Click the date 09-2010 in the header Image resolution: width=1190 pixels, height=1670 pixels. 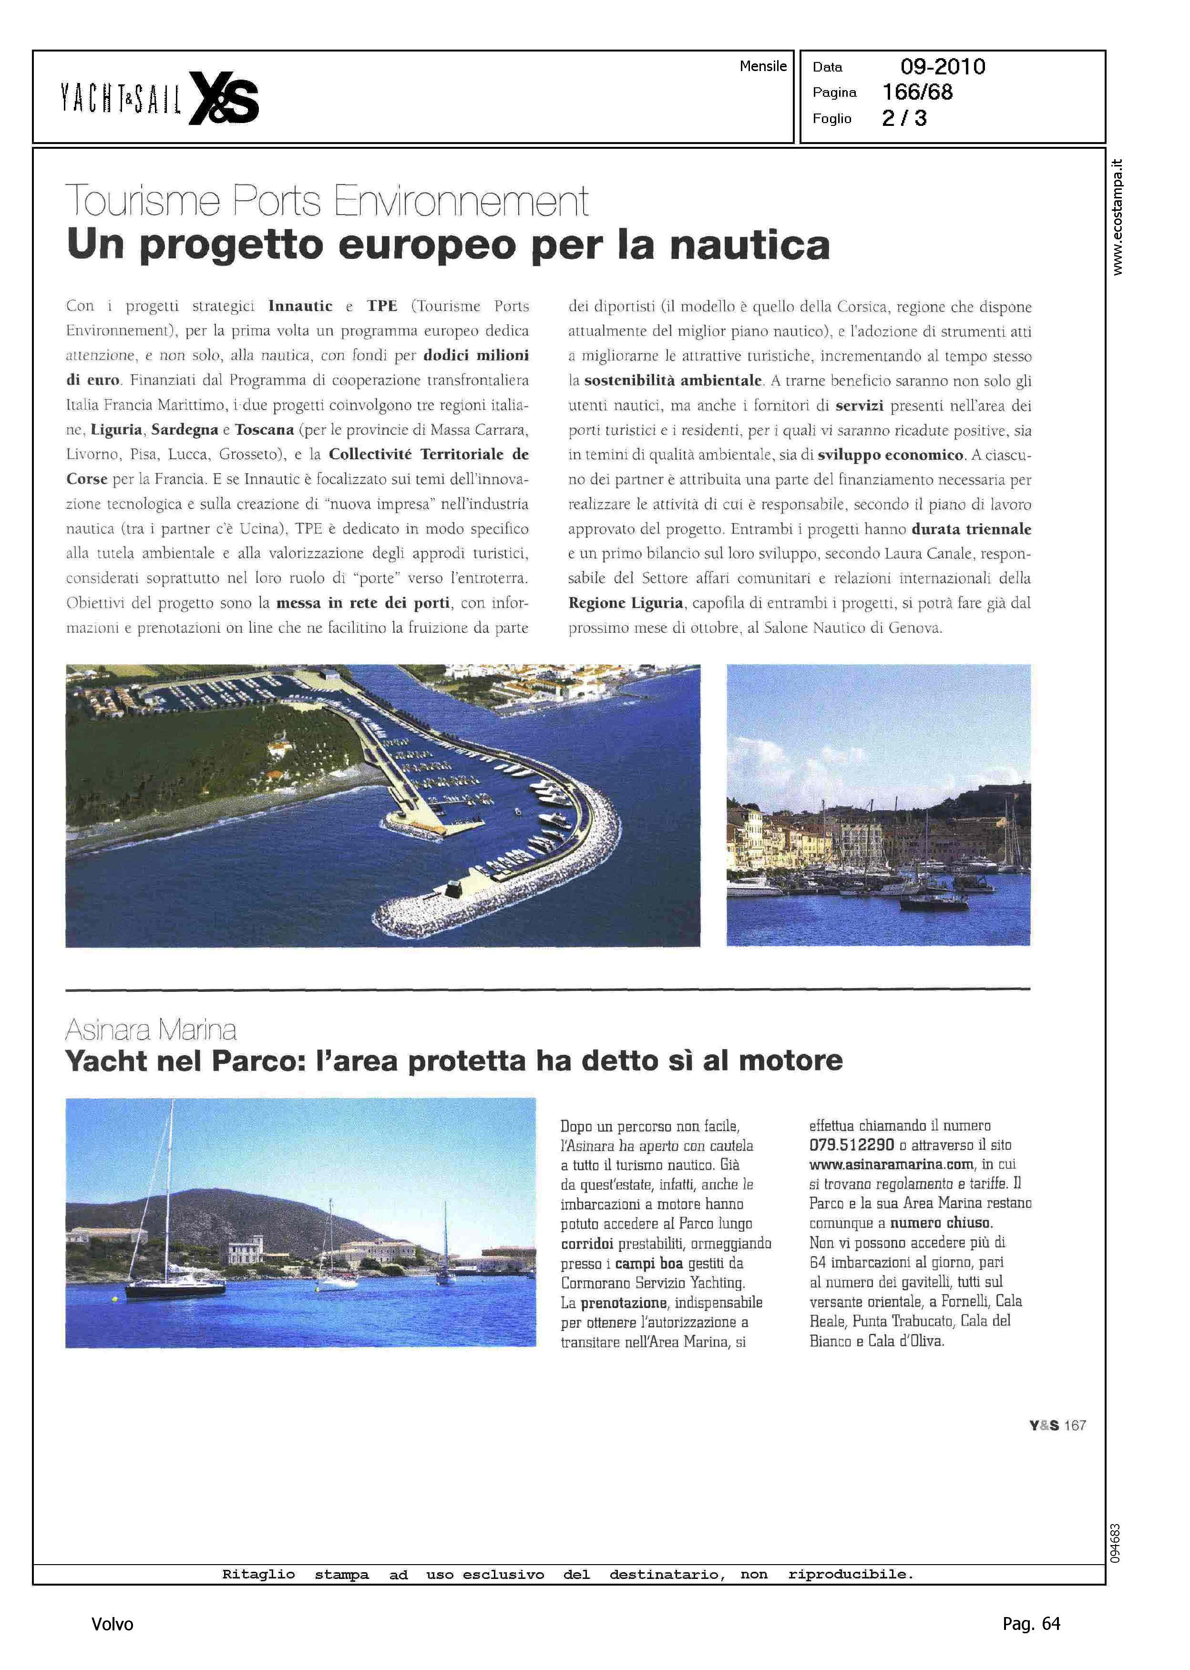click(x=943, y=67)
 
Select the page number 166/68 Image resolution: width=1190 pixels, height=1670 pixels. click(x=917, y=93)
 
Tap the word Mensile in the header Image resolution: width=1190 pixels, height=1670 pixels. click(x=763, y=66)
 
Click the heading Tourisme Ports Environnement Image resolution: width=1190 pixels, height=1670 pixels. click(x=327, y=200)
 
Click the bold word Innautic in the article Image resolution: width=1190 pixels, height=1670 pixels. click(x=300, y=306)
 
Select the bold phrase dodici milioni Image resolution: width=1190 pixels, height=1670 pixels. click(x=476, y=355)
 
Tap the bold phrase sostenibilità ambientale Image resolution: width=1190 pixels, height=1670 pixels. click(x=673, y=381)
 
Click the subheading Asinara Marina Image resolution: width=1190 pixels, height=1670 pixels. click(x=151, y=1031)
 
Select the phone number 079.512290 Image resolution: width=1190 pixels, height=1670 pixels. click(x=851, y=1144)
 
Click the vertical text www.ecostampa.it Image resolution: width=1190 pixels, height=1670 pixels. click(x=1117, y=217)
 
